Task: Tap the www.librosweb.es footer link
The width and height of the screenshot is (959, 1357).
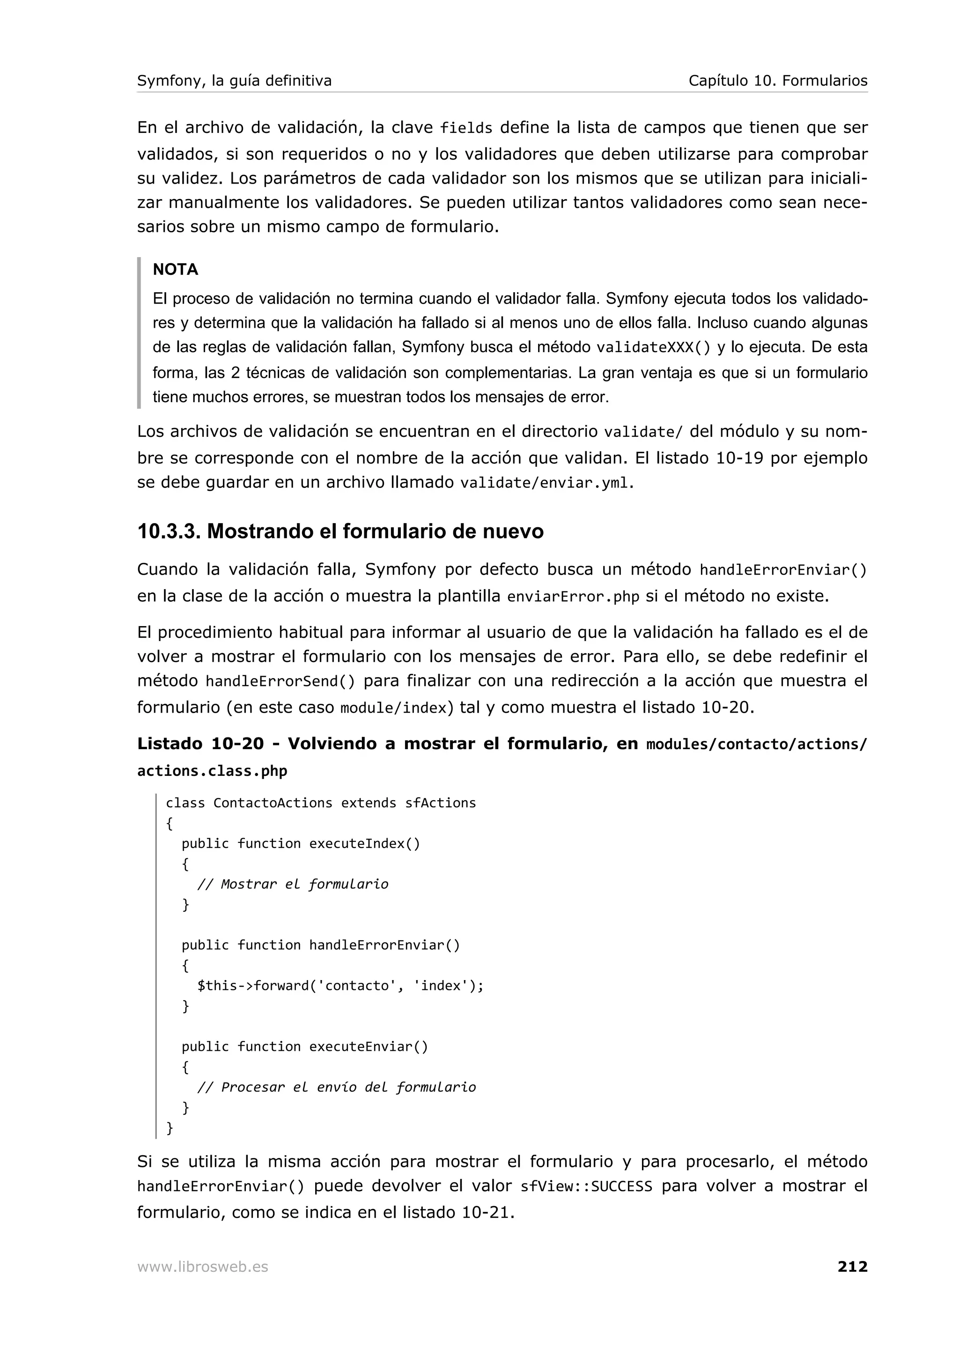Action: pos(203,1267)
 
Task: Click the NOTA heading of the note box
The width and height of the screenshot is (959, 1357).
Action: pos(176,270)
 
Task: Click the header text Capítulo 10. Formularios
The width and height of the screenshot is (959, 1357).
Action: pos(778,81)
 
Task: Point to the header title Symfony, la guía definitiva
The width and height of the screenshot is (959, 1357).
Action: pos(234,81)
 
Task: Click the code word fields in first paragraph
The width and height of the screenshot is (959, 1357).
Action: pos(466,128)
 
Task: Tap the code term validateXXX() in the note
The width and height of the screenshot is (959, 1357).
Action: pos(653,347)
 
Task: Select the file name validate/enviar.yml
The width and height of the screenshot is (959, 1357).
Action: pos(544,483)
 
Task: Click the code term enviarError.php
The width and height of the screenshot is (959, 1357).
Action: pos(573,597)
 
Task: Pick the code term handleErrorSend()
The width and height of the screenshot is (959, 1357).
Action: pos(280,681)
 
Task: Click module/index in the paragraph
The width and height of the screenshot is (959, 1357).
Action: pos(393,708)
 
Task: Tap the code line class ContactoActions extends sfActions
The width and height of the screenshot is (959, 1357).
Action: pos(320,803)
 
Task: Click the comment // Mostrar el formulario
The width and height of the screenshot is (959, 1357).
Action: pos(293,884)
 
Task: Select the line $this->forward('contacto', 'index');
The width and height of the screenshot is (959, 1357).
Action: pos(340,985)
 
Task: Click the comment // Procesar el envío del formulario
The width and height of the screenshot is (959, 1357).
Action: pos(336,1087)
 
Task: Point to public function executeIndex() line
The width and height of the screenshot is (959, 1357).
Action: pos(301,843)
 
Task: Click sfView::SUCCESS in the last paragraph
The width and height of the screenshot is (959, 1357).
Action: pos(586,1187)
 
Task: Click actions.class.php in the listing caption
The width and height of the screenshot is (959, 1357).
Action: pos(212,771)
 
